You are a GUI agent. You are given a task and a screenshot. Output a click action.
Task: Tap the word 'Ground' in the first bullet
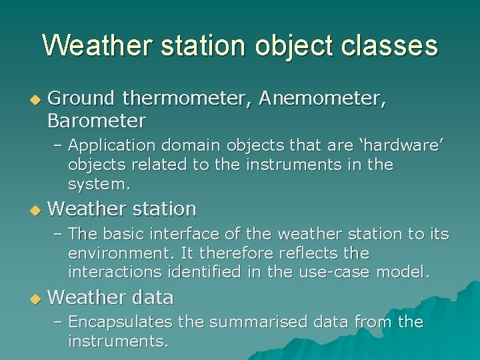[81, 98]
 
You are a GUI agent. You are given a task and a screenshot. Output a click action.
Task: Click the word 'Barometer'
[96, 121]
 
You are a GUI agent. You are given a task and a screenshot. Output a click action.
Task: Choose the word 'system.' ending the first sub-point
[98, 183]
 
